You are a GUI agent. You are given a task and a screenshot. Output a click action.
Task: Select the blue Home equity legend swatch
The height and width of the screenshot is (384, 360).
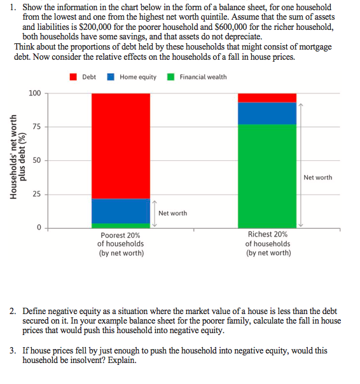coord(111,77)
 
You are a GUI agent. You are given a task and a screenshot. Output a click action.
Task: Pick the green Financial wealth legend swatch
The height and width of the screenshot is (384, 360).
coord(170,77)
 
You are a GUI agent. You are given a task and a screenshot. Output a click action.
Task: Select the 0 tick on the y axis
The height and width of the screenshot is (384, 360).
coord(39,227)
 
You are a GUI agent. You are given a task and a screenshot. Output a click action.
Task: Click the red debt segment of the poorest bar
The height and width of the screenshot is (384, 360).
coord(121,146)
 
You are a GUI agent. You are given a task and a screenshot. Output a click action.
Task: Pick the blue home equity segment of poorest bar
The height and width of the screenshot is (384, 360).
coord(121,210)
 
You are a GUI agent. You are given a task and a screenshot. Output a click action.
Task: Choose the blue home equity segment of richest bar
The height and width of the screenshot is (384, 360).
coord(267,113)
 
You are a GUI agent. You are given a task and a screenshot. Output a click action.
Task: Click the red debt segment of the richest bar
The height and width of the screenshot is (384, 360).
coord(267,97)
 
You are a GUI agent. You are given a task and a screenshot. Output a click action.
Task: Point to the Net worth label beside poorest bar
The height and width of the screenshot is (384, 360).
coord(172,213)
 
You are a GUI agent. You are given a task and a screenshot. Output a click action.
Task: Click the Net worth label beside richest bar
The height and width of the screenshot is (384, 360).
coord(317,177)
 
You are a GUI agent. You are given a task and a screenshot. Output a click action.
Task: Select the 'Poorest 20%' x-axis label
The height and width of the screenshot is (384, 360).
coord(120,235)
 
